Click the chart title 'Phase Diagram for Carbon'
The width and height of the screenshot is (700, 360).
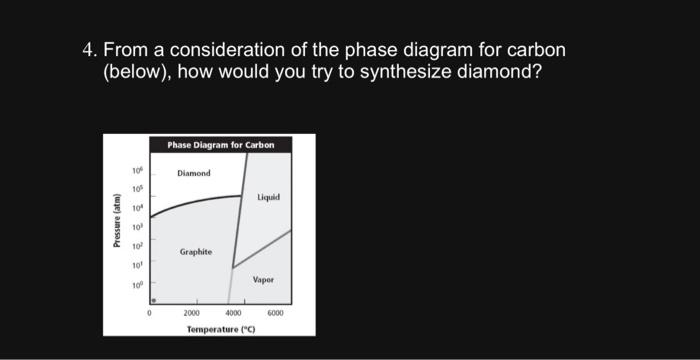[220, 145]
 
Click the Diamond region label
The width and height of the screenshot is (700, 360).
[194, 173]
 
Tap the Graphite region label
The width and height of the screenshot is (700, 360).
[195, 252]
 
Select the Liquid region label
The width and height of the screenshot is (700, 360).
[268, 198]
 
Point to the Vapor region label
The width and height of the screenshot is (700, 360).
[263, 280]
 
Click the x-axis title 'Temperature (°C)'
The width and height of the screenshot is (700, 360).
[220, 327]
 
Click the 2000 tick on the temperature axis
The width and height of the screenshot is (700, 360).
[197, 312]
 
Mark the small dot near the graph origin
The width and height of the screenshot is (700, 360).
[152, 298]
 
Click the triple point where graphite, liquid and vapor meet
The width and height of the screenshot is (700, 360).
[232, 267]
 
